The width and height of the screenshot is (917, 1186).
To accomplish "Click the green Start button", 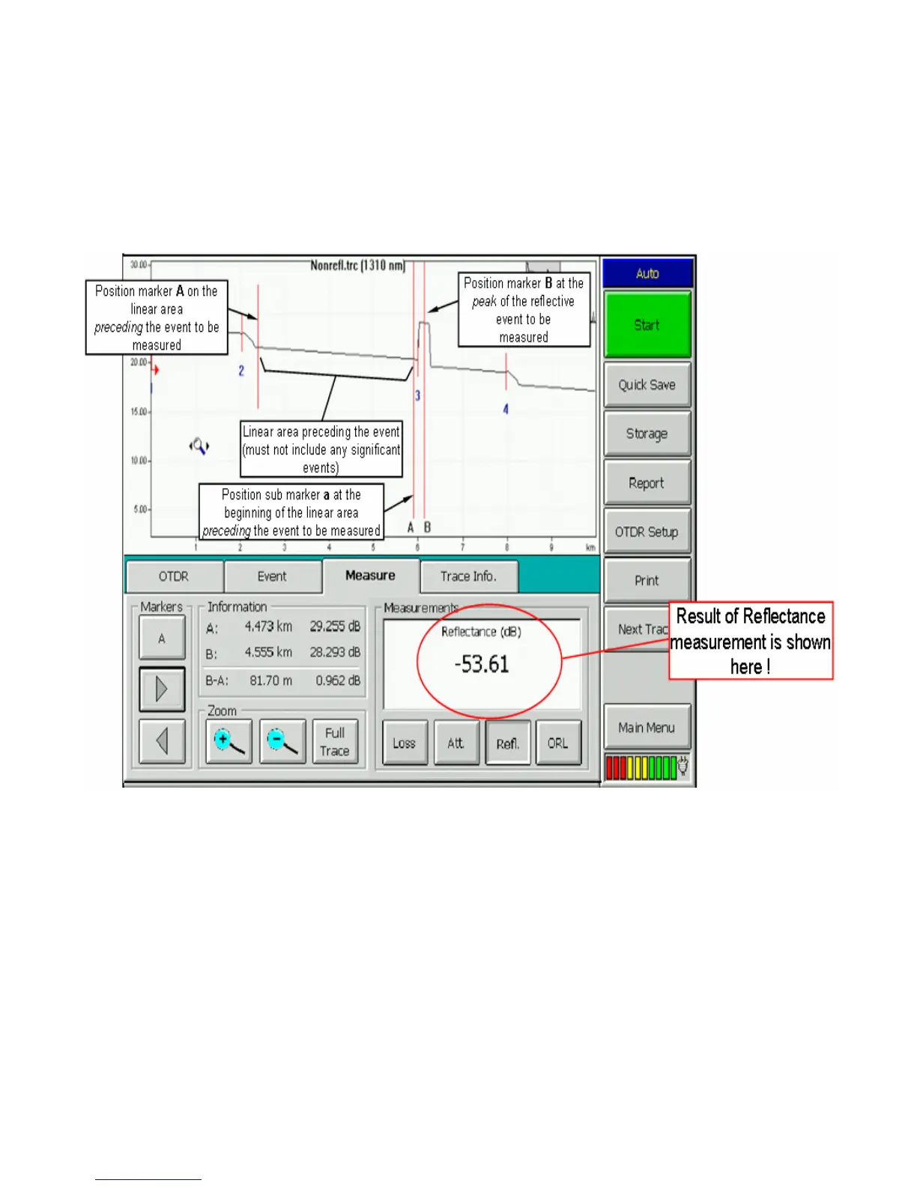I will (x=647, y=325).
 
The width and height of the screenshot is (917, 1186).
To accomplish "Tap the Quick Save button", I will (x=647, y=385).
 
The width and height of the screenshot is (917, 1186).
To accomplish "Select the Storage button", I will (x=647, y=434).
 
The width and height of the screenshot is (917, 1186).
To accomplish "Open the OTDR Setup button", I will (x=647, y=532).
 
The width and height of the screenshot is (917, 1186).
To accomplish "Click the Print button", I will (x=647, y=580).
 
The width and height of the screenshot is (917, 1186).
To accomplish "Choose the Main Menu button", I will (x=647, y=727).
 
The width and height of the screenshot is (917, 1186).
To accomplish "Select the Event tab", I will (x=272, y=577).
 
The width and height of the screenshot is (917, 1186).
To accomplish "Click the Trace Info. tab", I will (x=468, y=577).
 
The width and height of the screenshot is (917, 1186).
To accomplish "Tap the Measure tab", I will (x=370, y=576).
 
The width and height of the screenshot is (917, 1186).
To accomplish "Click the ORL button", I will (x=558, y=743).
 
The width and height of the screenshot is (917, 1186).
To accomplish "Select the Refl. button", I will (x=508, y=743).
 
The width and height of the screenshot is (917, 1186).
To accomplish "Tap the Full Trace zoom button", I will (x=335, y=741).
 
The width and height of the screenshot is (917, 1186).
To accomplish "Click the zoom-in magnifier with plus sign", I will (x=229, y=741).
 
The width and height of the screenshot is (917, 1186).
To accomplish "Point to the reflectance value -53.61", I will (x=482, y=664).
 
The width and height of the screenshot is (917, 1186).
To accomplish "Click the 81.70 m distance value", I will (x=271, y=681).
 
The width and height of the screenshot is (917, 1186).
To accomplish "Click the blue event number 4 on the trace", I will (x=506, y=410).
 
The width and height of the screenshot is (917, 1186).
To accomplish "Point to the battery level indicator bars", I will (x=641, y=767).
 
